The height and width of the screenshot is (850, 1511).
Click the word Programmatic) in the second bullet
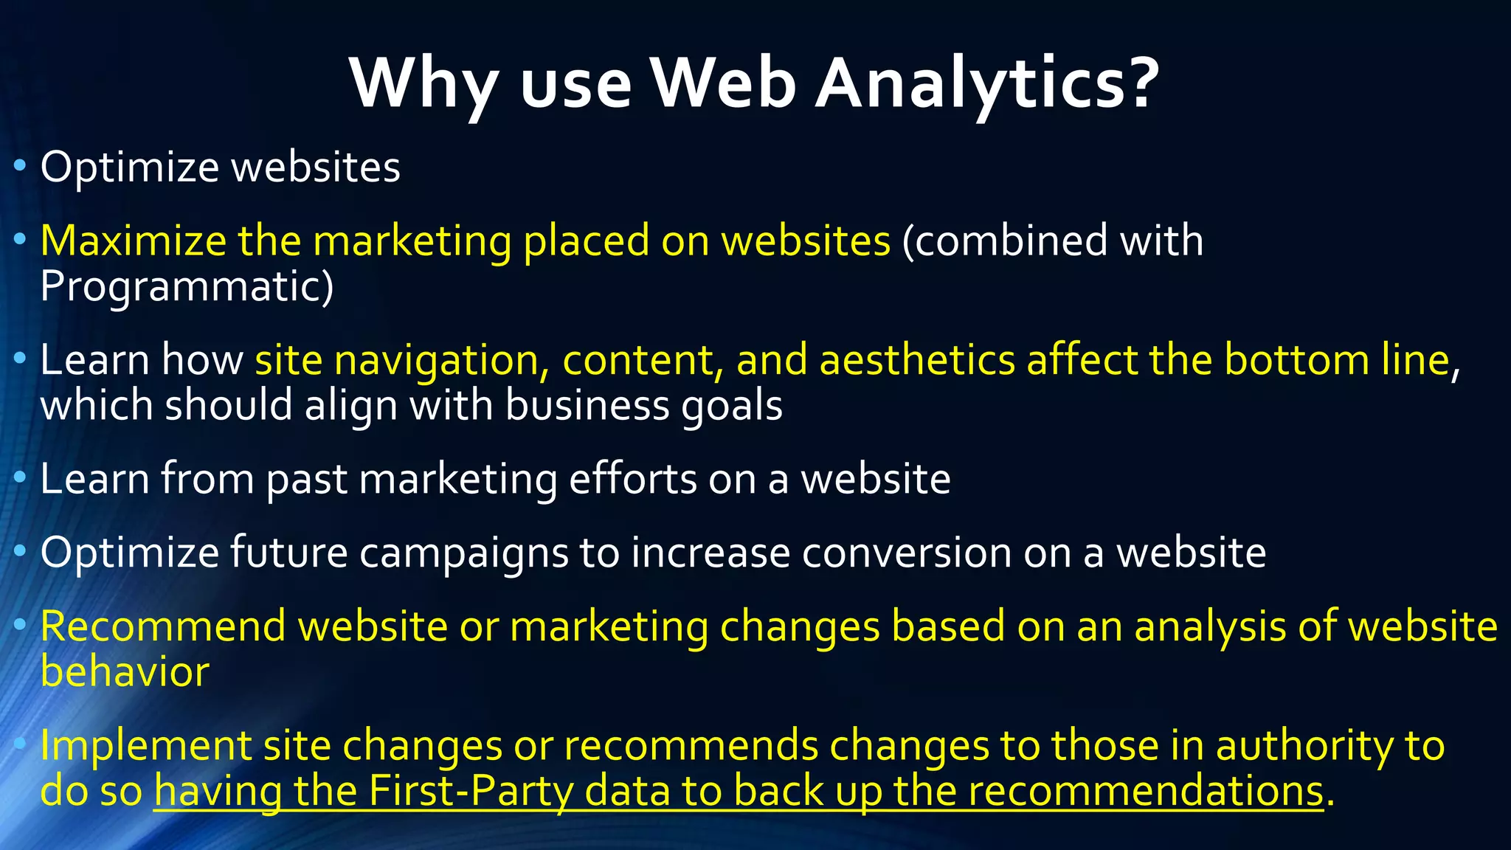(x=187, y=287)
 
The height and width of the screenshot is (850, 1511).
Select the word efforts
(x=632, y=479)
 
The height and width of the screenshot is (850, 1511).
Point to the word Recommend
(x=163, y=626)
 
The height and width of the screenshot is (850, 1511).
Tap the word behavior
(x=125, y=672)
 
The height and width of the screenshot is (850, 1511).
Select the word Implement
(x=146, y=745)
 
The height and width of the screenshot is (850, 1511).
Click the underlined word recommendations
(x=1146, y=791)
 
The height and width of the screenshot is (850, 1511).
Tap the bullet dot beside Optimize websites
(x=20, y=166)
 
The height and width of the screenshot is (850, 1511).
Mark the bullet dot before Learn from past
(x=20, y=478)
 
